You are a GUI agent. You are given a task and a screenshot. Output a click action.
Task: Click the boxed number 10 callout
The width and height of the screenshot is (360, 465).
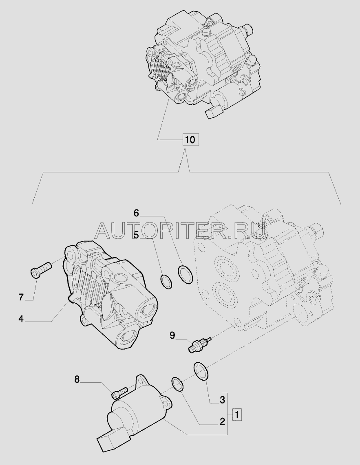tap(190, 139)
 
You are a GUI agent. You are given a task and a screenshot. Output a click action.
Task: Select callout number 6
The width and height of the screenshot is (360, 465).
tap(136, 213)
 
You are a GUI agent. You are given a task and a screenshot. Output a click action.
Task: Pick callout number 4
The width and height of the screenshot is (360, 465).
tap(21, 319)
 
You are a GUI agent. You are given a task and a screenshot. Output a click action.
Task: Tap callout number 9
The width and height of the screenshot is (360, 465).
tap(172, 335)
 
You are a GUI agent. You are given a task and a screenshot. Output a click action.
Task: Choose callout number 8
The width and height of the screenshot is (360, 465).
tap(77, 379)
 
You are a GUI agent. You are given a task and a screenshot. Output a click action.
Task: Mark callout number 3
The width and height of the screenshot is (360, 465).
tap(222, 400)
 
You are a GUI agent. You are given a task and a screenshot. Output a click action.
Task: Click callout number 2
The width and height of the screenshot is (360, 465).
tap(222, 421)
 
